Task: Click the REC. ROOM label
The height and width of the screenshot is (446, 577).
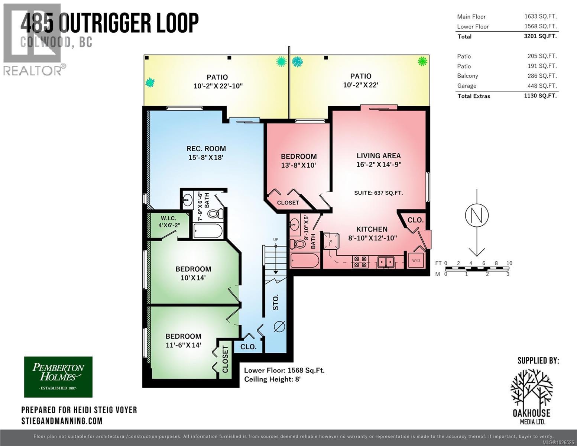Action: pyautogui.click(x=206, y=149)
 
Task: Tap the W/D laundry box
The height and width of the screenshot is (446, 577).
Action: pyautogui.click(x=416, y=261)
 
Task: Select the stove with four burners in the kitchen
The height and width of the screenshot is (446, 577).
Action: pyautogui.click(x=360, y=262)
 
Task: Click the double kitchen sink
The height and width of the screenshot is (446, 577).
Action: pyautogui.click(x=386, y=262)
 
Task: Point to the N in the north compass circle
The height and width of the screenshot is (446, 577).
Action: pyautogui.click(x=477, y=215)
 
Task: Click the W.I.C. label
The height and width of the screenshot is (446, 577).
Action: pyautogui.click(x=168, y=219)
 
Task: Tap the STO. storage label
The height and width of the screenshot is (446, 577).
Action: pyautogui.click(x=276, y=303)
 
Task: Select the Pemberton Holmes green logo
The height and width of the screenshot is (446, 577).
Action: pyautogui.click(x=58, y=377)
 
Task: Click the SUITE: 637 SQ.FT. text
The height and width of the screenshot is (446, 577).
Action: pyautogui.click(x=378, y=193)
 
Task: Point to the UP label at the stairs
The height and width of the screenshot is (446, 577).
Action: pyautogui.click(x=276, y=240)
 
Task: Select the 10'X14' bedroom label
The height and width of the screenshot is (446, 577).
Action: pyautogui.click(x=193, y=278)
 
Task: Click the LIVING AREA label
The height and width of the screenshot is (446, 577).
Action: pyautogui.click(x=378, y=156)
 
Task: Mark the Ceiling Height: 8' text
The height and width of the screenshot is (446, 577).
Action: pyautogui.click(x=272, y=379)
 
